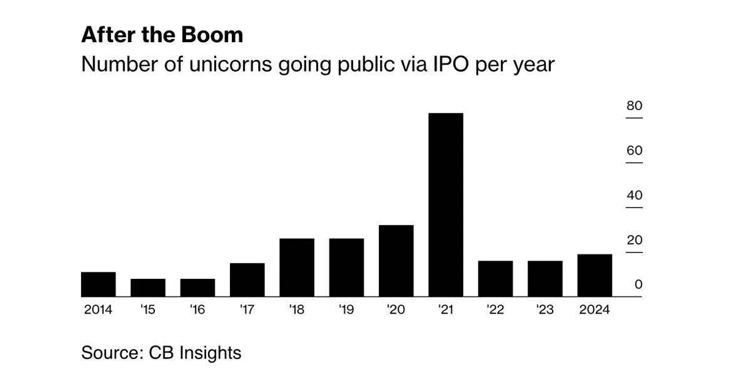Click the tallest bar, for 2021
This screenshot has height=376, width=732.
[445, 205]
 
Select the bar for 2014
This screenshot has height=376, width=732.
[98, 284]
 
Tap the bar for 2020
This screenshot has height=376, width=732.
[396, 261]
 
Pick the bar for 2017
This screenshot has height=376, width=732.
[247, 280]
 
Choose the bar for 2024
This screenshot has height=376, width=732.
[594, 276]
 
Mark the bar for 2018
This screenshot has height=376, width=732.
[296, 268]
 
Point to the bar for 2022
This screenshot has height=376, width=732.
[495, 279]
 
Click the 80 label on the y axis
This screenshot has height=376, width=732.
[634, 106]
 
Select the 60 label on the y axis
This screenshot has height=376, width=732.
[634, 151]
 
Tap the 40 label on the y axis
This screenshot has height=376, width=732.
[634, 196]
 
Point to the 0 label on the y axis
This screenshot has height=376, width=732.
[638, 285]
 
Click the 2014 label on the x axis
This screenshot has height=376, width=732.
[98, 310]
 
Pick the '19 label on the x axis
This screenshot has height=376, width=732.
[346, 310]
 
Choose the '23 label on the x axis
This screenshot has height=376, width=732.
[545, 310]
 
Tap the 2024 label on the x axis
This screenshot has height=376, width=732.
[594, 310]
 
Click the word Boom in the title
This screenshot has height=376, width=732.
[213, 35]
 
